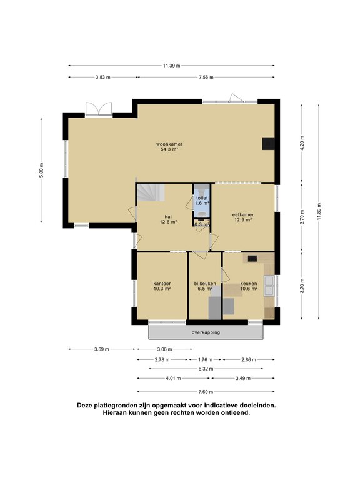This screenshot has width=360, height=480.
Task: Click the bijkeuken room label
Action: point(205,283)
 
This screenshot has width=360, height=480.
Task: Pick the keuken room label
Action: point(249,282)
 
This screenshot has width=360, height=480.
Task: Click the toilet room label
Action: point(201,198)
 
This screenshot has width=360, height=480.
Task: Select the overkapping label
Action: point(206,332)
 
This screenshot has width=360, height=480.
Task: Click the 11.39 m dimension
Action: point(171,66)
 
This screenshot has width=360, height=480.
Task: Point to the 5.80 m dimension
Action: point(41,168)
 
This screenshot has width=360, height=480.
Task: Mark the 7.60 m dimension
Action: point(206,392)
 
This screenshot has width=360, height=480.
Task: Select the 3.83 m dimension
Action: point(102,77)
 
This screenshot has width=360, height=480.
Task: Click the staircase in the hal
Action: point(151,192)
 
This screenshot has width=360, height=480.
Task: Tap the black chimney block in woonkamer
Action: point(268,143)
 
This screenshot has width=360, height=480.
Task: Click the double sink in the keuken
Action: point(269,286)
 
